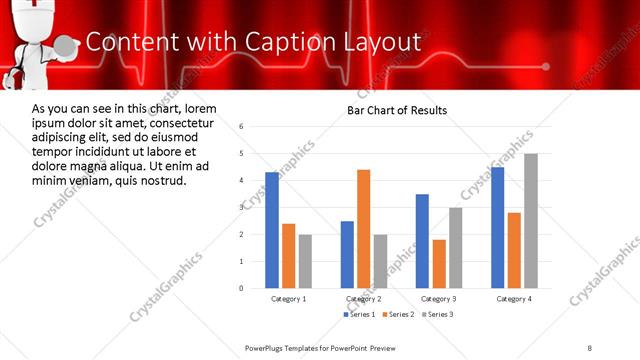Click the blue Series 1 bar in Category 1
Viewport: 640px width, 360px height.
pyautogui.click(x=272, y=230)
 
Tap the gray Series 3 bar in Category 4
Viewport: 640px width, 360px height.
pyautogui.click(x=531, y=220)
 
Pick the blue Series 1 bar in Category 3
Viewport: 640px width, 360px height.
pyautogui.click(x=422, y=240)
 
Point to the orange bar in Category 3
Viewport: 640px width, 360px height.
pyautogui.click(x=439, y=263)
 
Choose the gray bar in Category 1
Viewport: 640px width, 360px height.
pyautogui.click(x=305, y=261)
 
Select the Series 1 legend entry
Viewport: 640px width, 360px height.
pyautogui.click(x=359, y=315)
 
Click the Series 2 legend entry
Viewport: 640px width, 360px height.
pyautogui.click(x=397, y=315)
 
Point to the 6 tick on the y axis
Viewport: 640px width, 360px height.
pyautogui.click(x=242, y=126)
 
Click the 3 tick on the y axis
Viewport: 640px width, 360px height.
pyautogui.click(x=242, y=207)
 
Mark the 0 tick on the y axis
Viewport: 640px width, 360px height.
pyautogui.click(x=242, y=288)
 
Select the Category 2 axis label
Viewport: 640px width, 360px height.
pyautogui.click(x=363, y=299)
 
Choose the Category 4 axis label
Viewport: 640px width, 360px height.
pyautogui.click(x=514, y=299)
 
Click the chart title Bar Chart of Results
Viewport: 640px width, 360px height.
pyautogui.click(x=397, y=110)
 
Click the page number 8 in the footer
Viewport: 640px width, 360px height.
pyautogui.click(x=590, y=347)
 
